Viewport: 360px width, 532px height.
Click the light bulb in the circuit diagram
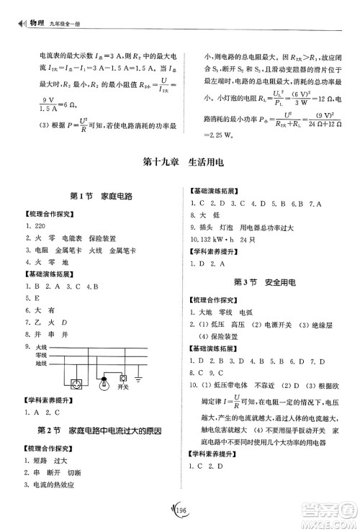click(x=104, y=381)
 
